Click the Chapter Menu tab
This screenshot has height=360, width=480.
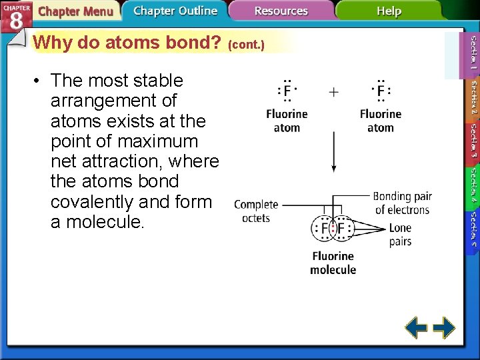coord(75,11)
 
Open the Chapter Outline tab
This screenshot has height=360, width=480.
coord(175,11)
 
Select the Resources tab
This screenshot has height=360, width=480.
coord(281,11)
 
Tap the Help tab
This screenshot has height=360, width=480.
coord(389,11)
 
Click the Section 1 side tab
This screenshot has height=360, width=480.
coord(472,53)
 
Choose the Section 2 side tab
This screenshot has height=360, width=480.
coord(472,99)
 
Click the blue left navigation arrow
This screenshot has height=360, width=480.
coord(417,327)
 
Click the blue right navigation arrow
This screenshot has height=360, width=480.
coord(444,327)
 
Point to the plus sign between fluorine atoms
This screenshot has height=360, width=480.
coord(333,91)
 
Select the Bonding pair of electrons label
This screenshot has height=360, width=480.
coord(402,203)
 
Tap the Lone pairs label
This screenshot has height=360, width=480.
coord(400,235)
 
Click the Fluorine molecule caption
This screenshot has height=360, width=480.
coord(333,263)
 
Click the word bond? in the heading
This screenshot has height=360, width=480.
coord(194,43)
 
